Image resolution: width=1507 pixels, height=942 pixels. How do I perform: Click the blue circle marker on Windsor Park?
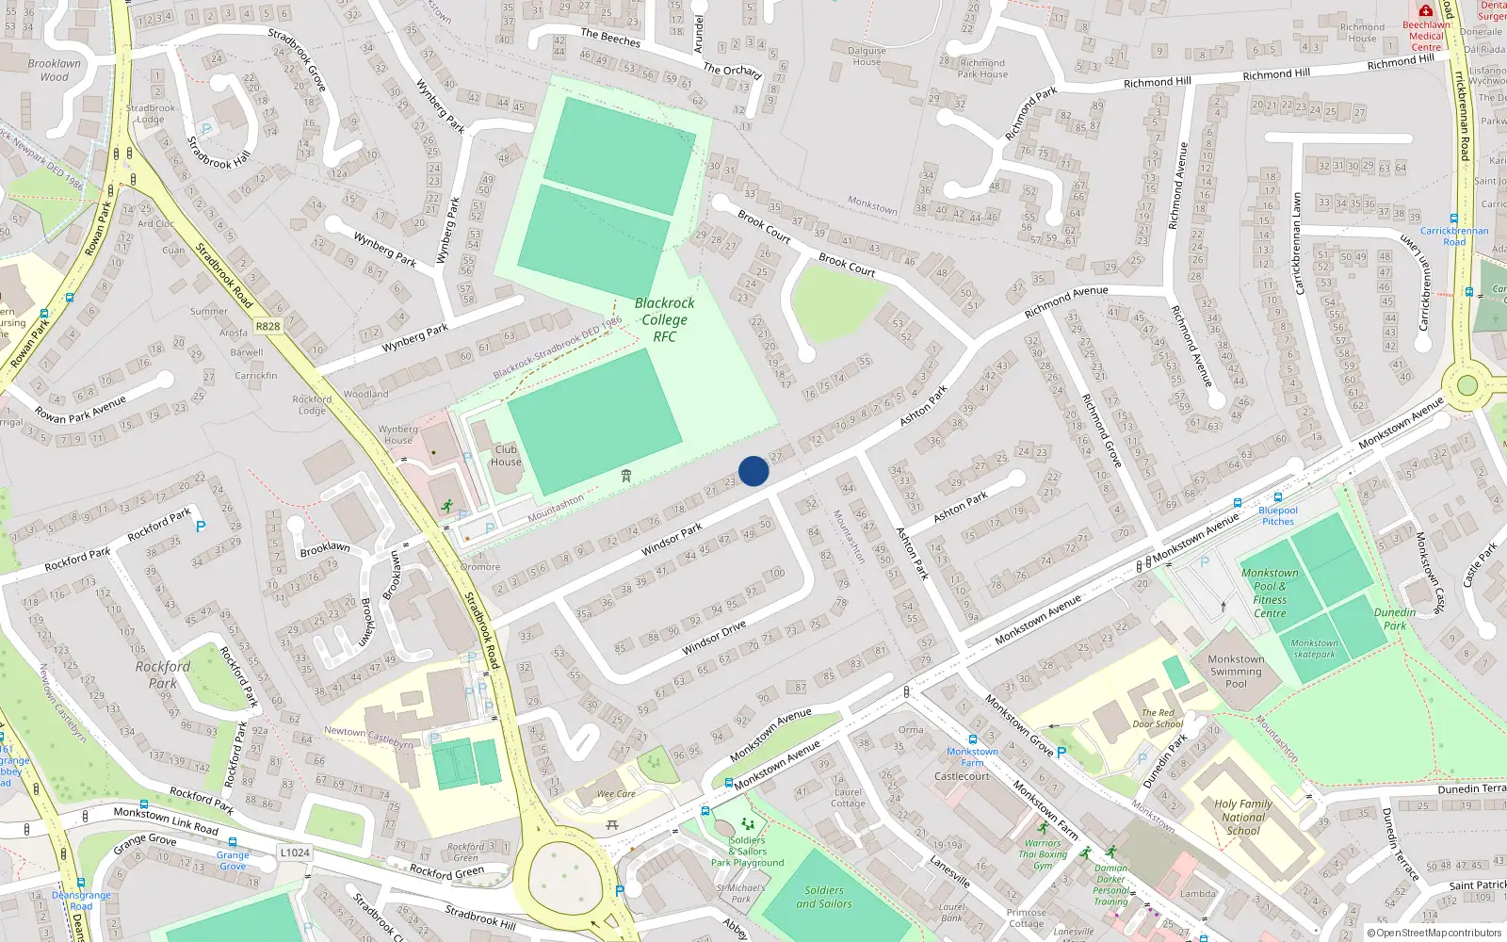753,471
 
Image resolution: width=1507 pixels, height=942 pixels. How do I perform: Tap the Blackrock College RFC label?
664,319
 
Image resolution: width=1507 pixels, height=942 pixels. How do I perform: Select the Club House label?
506,455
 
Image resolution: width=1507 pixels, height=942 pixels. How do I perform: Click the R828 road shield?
267,326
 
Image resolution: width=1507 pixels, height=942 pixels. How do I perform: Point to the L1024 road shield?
295,853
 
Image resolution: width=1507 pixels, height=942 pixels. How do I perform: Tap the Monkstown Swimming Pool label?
1236,672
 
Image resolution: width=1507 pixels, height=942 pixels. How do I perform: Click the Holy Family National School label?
1242,817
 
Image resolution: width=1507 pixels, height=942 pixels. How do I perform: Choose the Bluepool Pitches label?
1278,515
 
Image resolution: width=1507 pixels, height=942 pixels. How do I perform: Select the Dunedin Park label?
1394,619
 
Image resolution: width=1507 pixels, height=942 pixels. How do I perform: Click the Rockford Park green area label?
162,674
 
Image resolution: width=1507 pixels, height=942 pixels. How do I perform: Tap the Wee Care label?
616,794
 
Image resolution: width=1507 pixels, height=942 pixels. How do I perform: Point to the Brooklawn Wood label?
54,70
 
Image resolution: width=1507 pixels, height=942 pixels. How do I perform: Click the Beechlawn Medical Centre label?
1426,36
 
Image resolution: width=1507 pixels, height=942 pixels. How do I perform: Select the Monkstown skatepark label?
1314,648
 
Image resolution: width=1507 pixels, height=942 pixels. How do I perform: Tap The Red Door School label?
1158,718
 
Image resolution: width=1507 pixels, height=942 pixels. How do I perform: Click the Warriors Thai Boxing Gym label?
1042,854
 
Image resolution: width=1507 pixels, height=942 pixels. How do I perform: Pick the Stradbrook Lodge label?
151,113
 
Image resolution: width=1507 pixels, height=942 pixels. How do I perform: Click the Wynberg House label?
398,434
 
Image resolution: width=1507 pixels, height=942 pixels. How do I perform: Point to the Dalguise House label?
867,57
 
